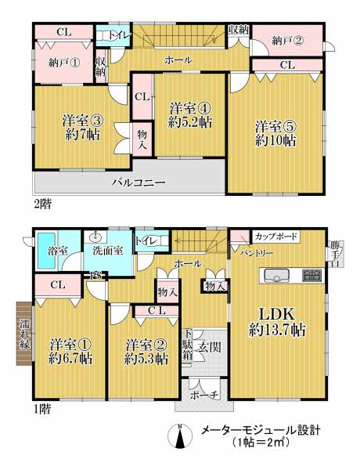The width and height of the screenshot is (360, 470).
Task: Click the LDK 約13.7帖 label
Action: pos(277,322)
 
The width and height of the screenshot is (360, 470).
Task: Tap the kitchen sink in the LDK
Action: pos(276,276)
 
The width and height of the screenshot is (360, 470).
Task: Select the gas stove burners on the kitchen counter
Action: pos(312,276)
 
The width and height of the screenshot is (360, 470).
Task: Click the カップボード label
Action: pos(275,237)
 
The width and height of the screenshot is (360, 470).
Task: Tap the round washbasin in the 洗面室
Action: pos(96,237)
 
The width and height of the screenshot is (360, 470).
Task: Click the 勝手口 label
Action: pos(335,254)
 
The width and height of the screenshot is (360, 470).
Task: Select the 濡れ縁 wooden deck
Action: pos(24,334)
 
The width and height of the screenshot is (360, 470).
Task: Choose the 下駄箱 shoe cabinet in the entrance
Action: pos(188,346)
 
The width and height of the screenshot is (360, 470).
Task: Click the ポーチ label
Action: pos(204,395)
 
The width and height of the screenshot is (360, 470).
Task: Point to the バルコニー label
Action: pos(139,183)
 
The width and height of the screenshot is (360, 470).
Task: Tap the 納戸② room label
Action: pos(287,41)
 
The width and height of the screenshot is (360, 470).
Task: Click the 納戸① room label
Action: pos(64,63)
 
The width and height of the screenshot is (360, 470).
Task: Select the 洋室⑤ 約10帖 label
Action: pos(275,133)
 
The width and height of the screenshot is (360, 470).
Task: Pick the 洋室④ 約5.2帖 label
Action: pos(190,114)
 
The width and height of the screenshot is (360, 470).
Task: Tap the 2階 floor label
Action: pos(42,204)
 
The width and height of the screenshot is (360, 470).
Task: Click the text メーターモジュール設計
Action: pos(261,431)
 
